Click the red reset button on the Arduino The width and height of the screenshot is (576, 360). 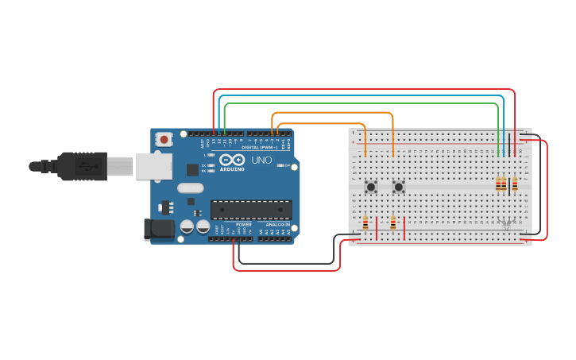(164, 139)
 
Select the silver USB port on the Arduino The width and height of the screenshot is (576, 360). (153, 166)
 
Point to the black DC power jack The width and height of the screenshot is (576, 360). (158, 229)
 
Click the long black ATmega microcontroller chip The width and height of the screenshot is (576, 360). (250, 209)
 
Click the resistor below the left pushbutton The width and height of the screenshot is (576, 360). (365, 224)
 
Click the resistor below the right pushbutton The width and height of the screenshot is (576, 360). (392, 224)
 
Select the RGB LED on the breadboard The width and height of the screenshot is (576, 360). (506, 223)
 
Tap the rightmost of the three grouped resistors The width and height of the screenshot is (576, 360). (515, 184)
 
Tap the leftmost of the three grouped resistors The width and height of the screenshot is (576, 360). (498, 184)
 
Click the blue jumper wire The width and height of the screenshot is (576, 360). (358, 96)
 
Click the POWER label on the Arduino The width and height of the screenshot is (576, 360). (243, 225)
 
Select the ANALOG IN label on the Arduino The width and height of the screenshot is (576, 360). (276, 225)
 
